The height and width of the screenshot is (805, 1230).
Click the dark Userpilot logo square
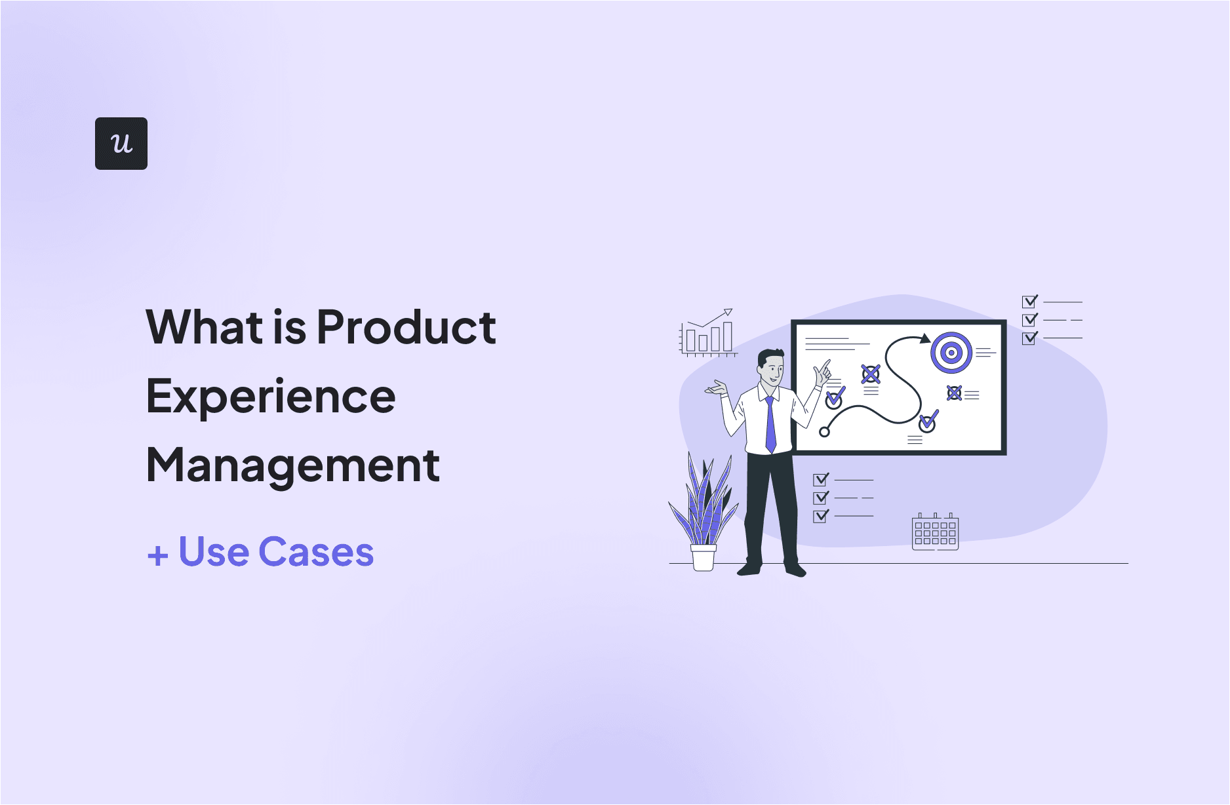pyautogui.click(x=121, y=144)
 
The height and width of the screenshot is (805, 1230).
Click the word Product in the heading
pyautogui.click(x=406, y=327)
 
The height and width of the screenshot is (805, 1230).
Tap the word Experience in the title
pyautogui.click(x=271, y=397)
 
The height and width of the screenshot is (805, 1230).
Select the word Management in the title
pyautogui.click(x=292, y=465)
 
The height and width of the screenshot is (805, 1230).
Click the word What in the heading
pyautogui.click(x=204, y=327)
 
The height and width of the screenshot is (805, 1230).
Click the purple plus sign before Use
pyautogui.click(x=157, y=556)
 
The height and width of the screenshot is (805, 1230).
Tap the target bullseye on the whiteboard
pyautogui.click(x=951, y=353)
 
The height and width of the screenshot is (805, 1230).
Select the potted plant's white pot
pyautogui.click(x=704, y=558)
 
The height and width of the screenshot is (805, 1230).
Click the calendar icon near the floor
pyautogui.click(x=935, y=532)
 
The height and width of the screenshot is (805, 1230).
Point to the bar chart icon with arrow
pyautogui.click(x=707, y=334)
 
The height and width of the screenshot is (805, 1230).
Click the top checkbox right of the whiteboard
pyautogui.click(x=1029, y=302)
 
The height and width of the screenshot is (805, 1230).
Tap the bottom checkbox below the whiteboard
pyautogui.click(x=820, y=517)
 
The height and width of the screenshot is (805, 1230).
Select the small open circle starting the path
pyautogui.click(x=825, y=431)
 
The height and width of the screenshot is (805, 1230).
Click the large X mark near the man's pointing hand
pyautogui.click(x=871, y=375)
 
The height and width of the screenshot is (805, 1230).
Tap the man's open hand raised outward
pyautogui.click(x=717, y=388)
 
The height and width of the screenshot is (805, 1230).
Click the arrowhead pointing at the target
pyautogui.click(x=924, y=339)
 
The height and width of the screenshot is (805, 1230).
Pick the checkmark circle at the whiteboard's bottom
pyautogui.click(x=927, y=423)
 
